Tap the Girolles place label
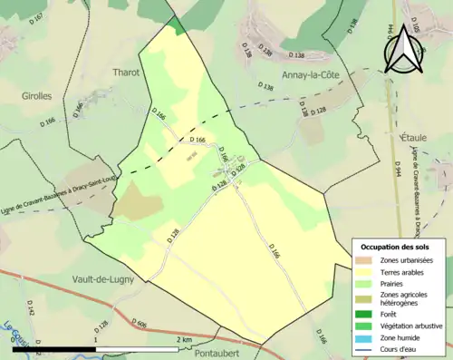pos(37,94)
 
